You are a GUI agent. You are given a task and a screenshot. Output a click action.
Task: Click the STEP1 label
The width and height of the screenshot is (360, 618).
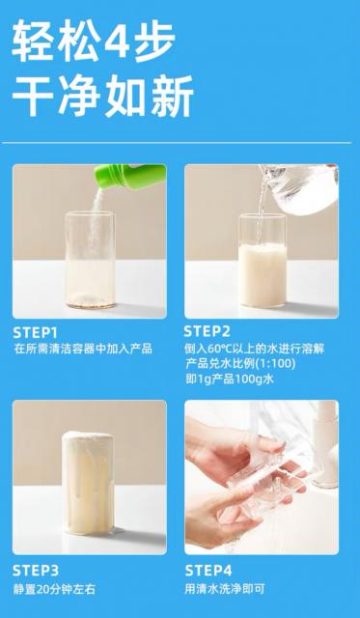click(35, 333)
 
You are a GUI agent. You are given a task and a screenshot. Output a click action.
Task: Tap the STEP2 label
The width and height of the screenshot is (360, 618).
click(208, 331)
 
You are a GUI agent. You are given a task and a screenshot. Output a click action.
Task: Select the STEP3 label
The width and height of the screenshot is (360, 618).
click(36, 571)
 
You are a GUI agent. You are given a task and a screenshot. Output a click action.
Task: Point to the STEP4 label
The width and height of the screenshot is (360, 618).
click(208, 571)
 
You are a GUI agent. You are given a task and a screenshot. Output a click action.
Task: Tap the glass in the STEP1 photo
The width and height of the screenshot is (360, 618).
click(90, 260)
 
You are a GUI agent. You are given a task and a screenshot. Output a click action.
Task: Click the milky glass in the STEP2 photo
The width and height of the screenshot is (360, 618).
click(263, 261)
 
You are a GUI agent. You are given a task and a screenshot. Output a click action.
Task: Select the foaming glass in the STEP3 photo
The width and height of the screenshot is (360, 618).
click(88, 483)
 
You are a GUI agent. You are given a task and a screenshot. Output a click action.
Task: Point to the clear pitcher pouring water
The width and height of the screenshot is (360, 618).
click(299, 188)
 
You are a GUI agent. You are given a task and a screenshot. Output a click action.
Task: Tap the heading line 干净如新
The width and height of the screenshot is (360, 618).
click(103, 97)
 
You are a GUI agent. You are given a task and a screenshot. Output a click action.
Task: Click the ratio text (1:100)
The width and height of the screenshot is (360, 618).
click(275, 363)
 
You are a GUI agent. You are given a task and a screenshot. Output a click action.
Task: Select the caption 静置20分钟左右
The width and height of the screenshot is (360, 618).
click(54, 590)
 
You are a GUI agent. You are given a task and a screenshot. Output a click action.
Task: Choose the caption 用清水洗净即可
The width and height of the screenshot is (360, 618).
click(225, 589)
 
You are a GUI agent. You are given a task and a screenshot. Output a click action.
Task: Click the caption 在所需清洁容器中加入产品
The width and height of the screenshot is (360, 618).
click(83, 349)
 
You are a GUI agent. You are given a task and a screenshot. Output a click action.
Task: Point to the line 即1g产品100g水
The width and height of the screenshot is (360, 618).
click(230, 379)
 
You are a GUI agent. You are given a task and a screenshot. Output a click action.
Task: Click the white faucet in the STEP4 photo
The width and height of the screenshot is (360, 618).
click(325, 445)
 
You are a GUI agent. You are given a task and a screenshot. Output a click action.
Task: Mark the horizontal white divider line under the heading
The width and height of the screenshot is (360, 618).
click(177, 142)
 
